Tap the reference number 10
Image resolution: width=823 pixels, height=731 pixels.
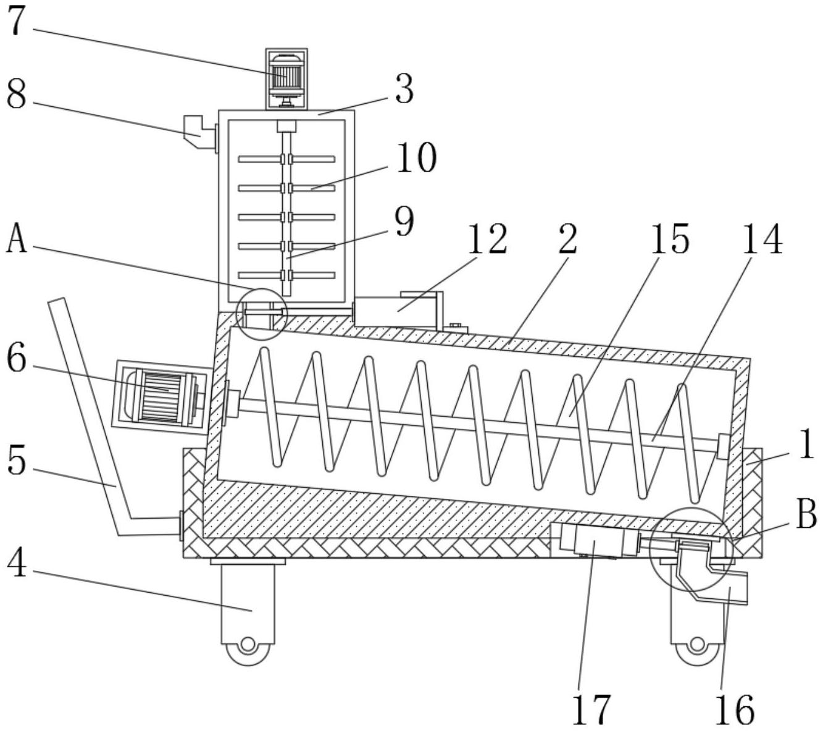tap(416, 158)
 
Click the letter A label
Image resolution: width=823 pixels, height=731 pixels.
tap(17, 240)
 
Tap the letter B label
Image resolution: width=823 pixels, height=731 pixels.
tap(806, 514)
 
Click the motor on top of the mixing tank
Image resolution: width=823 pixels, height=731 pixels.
tap(286, 75)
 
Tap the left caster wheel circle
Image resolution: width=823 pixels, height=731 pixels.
tap(248, 645)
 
